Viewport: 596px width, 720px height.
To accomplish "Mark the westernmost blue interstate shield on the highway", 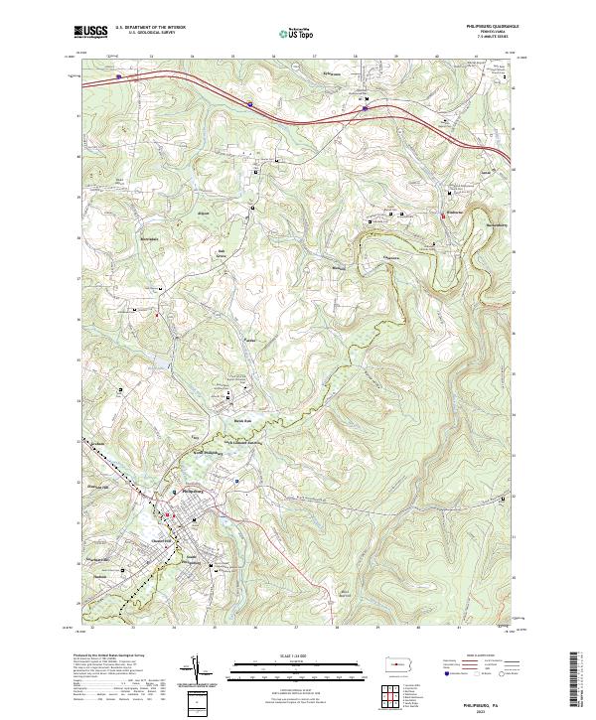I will tap(117, 75).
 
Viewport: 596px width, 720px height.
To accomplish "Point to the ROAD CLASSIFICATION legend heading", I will tap(487, 657).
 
